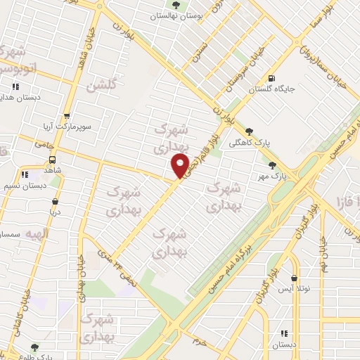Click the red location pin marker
(180, 165)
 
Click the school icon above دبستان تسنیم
(24, 174)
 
